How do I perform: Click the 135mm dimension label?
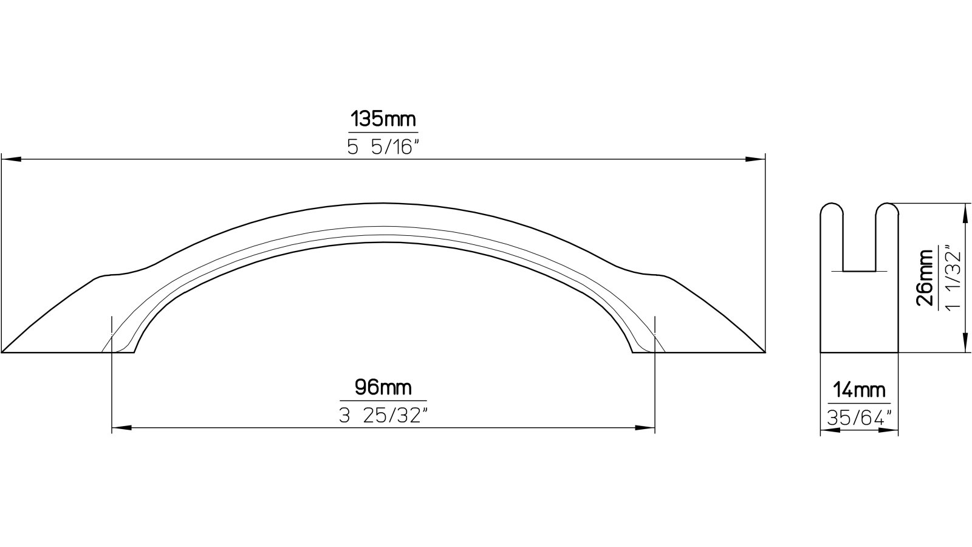point(383,120)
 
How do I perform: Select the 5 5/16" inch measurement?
point(383,148)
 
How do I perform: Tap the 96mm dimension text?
point(383,387)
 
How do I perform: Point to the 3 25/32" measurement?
point(383,416)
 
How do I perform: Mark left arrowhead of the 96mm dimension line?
point(122,428)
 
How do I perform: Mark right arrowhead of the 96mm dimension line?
point(646,428)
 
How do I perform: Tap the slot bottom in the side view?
point(859,271)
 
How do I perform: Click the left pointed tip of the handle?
point(5,351)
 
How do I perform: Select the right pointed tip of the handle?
point(762,351)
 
